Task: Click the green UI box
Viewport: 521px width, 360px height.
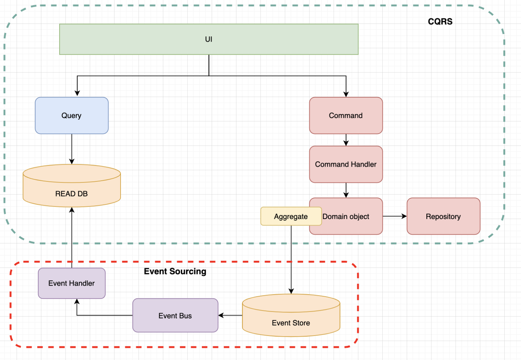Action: pyautogui.click(x=209, y=39)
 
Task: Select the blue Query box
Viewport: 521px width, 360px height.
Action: pyautogui.click(x=72, y=116)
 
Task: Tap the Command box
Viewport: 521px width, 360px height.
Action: pyautogui.click(x=346, y=116)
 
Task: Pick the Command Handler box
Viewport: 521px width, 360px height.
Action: pyautogui.click(x=346, y=164)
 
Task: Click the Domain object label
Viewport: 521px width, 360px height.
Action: pyautogui.click(x=346, y=217)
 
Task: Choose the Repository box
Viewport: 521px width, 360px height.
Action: pyautogui.click(x=443, y=217)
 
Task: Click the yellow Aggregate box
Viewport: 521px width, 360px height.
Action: pyautogui.click(x=290, y=217)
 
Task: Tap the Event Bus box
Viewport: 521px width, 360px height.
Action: pyautogui.click(x=175, y=316)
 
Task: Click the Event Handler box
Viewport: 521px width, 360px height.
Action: pyautogui.click(x=72, y=283)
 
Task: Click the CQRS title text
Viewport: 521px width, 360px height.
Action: pyautogui.click(x=440, y=22)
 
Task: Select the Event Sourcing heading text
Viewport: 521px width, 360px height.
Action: pyautogui.click(x=175, y=271)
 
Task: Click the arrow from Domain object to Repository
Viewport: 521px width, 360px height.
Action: pyautogui.click(x=395, y=216)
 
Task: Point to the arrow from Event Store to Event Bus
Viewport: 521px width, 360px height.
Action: pyautogui.click(x=230, y=315)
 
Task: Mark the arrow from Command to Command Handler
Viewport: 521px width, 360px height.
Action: pyautogui.click(x=346, y=140)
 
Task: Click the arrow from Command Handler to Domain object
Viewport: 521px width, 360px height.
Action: pyautogui.click(x=346, y=190)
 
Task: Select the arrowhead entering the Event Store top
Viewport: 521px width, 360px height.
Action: pyautogui.click(x=291, y=291)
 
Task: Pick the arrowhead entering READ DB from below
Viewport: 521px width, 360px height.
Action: pyautogui.click(x=72, y=210)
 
